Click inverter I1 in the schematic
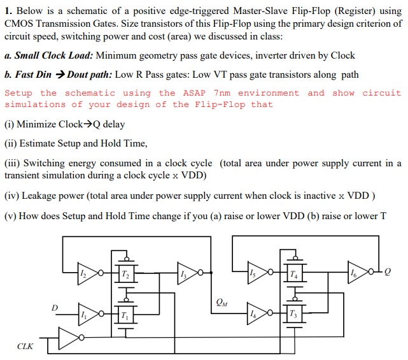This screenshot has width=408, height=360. click(86, 315)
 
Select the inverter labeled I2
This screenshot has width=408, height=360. click(86, 273)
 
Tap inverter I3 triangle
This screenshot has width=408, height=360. click(185, 273)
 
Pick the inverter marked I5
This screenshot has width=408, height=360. click(256, 273)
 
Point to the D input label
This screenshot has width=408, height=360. click(55, 308)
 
